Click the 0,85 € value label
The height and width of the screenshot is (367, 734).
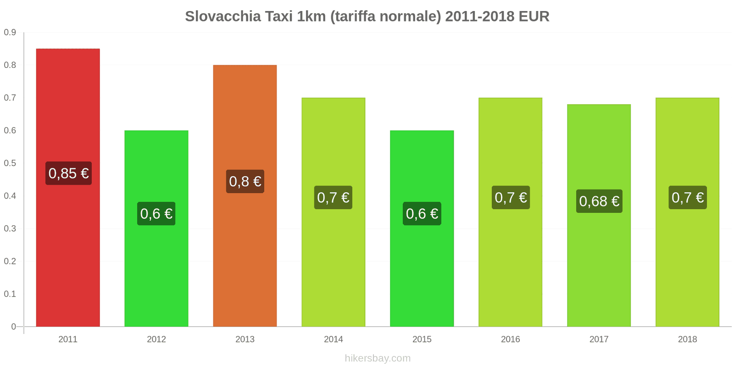coord(68,173)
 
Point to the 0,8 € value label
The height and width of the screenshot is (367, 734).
coord(245,182)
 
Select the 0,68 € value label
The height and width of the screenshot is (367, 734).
coord(599,201)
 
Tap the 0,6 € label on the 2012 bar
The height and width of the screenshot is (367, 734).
coord(156,214)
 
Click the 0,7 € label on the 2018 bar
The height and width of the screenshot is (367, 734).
coord(688,198)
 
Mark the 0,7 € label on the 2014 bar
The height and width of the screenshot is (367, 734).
coord(334,198)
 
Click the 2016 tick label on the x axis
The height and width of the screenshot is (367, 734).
coord(511,339)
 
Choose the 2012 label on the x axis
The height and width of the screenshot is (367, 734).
coord(156,339)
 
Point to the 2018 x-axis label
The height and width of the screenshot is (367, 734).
coord(687,339)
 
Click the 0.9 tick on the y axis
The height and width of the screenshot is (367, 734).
coord(10,33)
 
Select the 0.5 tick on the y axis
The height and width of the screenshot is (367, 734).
coord(10,163)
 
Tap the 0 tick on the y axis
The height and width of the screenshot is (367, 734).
coord(14,327)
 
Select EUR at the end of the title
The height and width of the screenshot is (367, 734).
coord(534,17)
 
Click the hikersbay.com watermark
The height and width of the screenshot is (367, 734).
coord(378,358)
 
